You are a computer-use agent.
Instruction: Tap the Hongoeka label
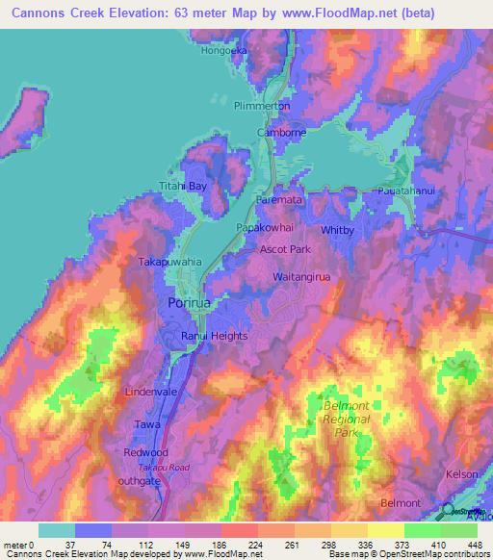click(x=224, y=51)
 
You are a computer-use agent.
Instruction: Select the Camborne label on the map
click(x=279, y=132)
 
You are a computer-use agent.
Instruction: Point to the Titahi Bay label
click(x=182, y=186)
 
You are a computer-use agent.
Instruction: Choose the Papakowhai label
click(x=266, y=228)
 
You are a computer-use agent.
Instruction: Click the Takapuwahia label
click(x=169, y=262)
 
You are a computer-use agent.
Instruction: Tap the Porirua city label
click(x=188, y=303)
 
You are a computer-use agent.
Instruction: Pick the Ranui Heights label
click(x=215, y=336)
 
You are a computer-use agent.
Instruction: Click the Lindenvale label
click(x=152, y=394)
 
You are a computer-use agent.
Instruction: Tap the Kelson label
click(x=462, y=475)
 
